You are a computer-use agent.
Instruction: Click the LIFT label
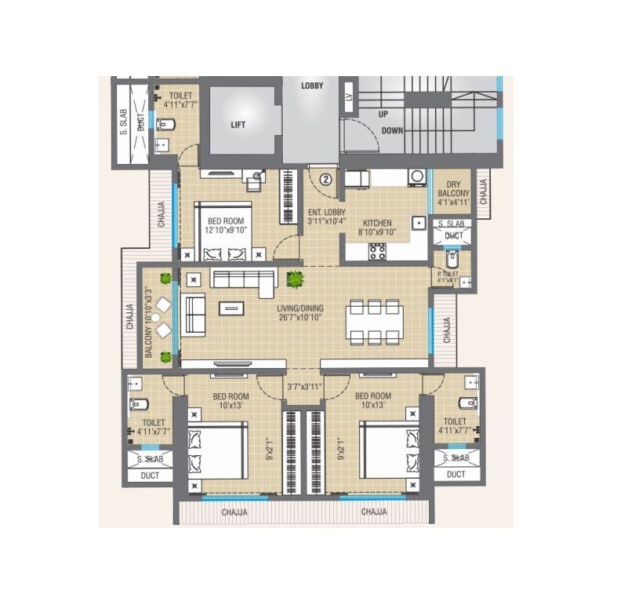point(238,124)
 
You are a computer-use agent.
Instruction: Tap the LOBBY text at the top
point(313,85)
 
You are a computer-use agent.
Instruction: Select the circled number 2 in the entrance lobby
point(326,179)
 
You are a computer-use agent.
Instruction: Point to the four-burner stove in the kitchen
point(377,251)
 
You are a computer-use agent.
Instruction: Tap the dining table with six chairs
point(375,322)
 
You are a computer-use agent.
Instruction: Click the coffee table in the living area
point(231,308)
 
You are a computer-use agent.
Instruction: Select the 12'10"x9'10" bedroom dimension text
point(226,231)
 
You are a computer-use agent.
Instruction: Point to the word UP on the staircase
point(383,114)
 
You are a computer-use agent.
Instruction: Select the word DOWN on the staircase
point(392,130)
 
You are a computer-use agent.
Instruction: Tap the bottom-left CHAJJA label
point(234,512)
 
